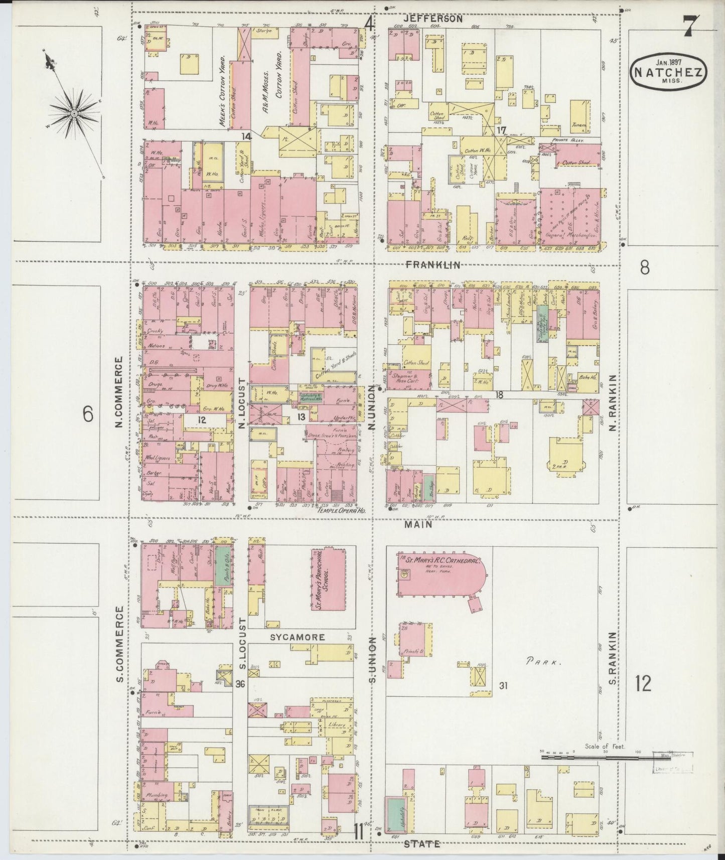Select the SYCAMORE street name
click(298, 637)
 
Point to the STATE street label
click(422, 844)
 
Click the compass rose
click(74, 114)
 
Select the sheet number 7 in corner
click(691, 26)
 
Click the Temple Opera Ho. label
click(340, 510)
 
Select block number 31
click(503, 685)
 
